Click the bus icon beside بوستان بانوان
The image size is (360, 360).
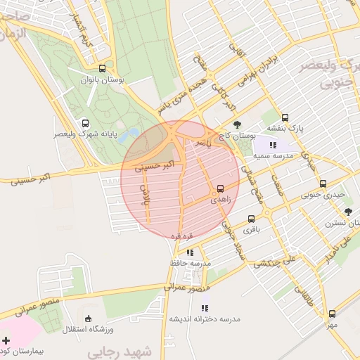103,69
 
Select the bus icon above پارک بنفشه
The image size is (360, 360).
285,117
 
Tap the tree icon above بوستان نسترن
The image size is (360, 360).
348,212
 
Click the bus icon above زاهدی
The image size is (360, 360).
221,188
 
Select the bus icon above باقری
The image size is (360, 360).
251,219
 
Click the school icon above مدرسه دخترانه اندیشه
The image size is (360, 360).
205,307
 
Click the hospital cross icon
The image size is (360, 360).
6,340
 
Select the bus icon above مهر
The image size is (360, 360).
332,314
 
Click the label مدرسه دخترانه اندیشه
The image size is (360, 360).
204,319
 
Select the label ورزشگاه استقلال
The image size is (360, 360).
87,329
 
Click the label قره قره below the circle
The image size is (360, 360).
181,236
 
